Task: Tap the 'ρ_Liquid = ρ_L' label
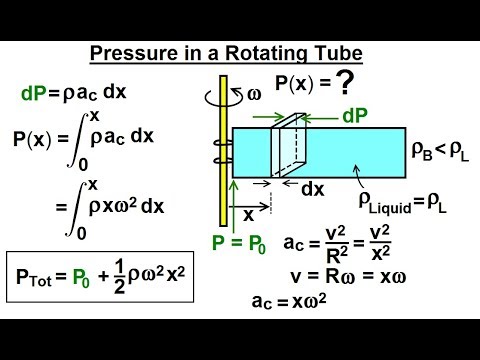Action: click(410, 207)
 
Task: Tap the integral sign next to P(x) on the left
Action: click(85, 137)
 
